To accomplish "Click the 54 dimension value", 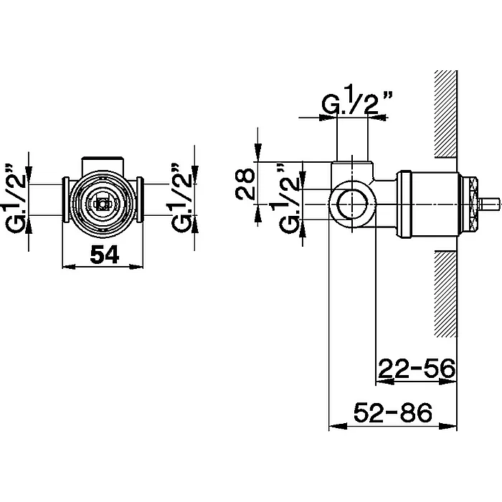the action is point(105,255).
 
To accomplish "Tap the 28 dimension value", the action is point(245,184).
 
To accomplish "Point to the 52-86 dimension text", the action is point(393,412).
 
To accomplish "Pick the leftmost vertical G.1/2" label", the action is point(15,198).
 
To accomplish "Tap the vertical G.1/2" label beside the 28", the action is point(289,198).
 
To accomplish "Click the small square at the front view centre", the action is point(102,204).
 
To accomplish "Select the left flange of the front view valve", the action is point(65,199).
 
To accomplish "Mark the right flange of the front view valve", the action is point(140,199).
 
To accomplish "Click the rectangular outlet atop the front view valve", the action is point(103,164).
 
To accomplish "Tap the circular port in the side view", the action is point(352,204).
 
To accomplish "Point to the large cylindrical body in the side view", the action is point(427,204).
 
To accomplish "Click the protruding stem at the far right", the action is point(488,204).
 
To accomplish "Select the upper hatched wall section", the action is point(445,114).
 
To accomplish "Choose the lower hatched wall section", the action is point(445,293).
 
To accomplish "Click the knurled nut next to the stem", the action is point(468,204).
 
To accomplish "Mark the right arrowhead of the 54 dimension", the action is point(136,266).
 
